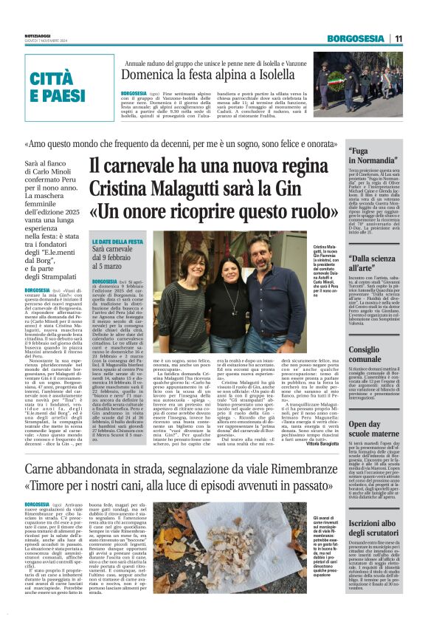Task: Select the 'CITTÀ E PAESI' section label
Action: click(58, 87)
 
